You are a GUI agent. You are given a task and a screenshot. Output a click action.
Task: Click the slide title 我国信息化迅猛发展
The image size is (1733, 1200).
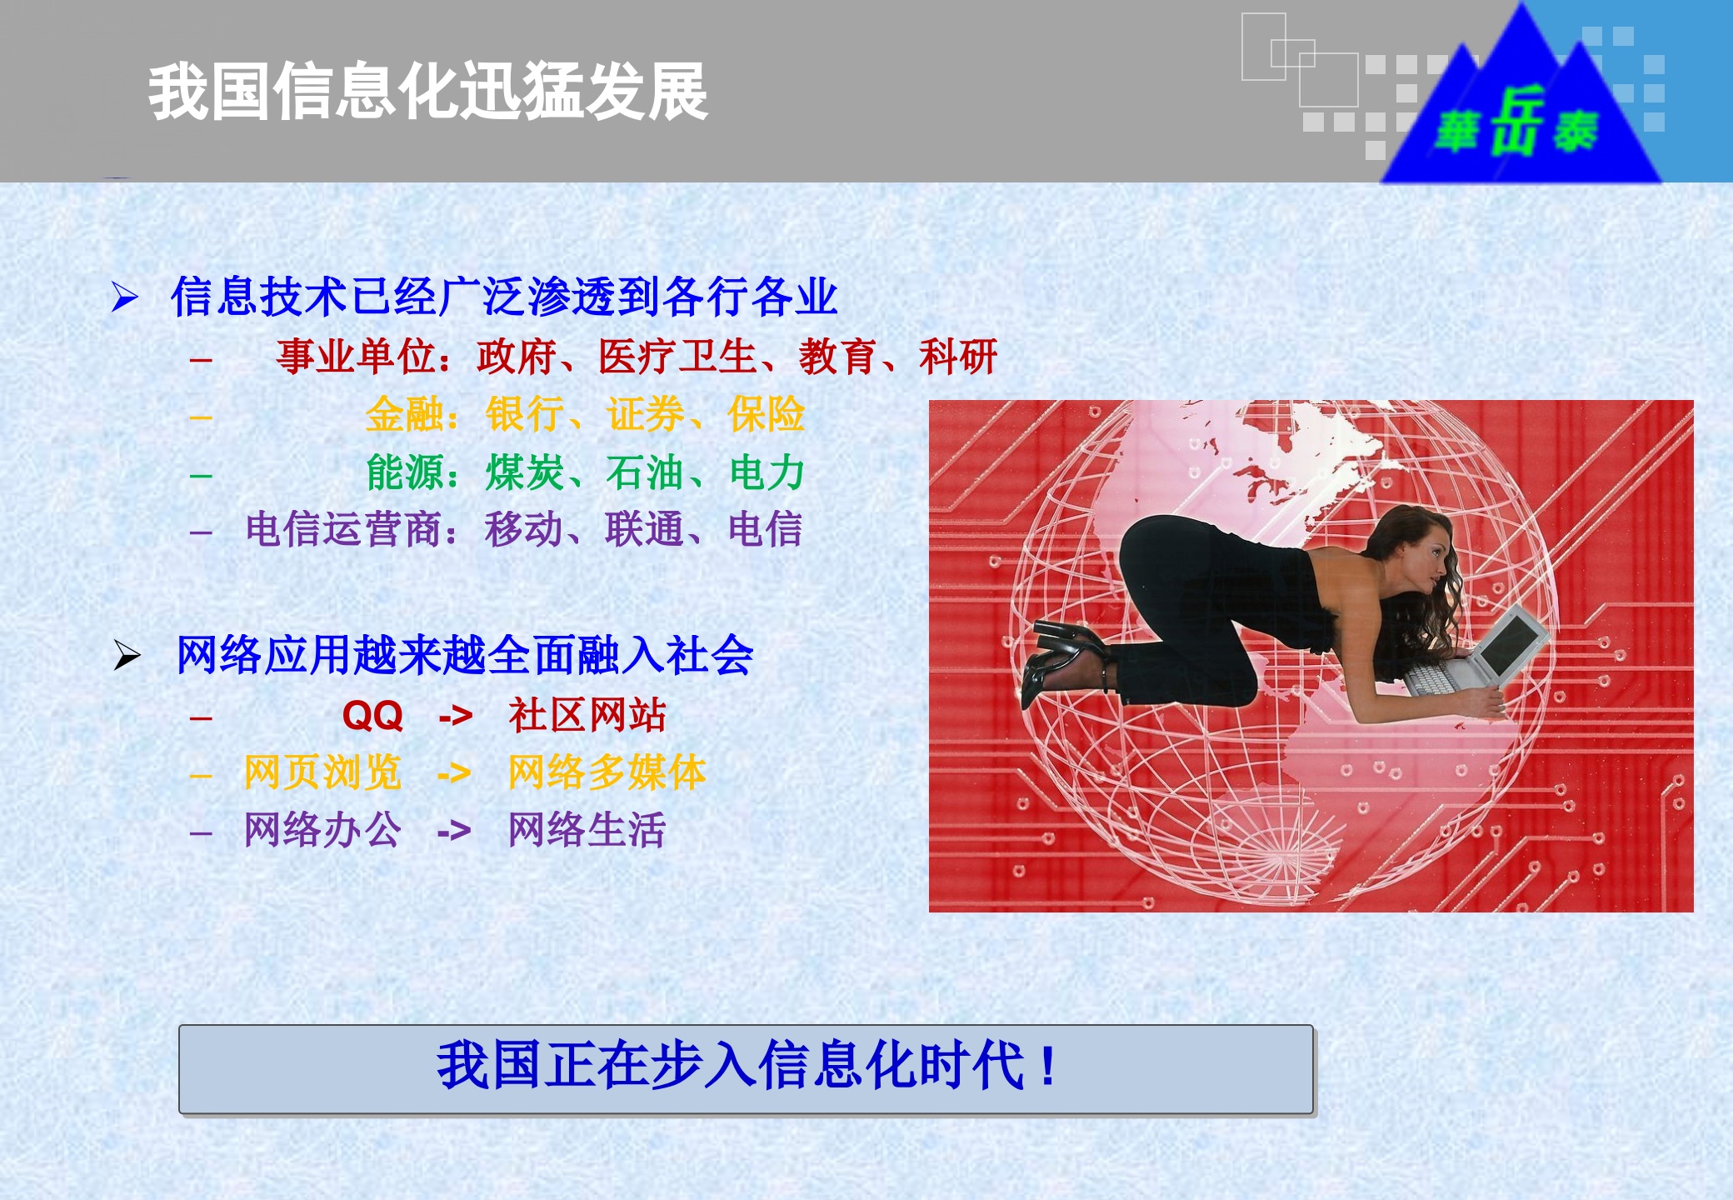pyautogui.click(x=427, y=92)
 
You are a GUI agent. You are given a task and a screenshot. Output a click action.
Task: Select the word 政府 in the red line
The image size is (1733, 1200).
pyautogui.click(x=516, y=357)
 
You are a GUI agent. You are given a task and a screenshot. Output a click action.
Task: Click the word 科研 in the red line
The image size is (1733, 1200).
pyautogui.click(x=957, y=357)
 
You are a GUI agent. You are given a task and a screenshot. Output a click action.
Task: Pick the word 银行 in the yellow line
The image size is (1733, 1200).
pyautogui.click(x=524, y=414)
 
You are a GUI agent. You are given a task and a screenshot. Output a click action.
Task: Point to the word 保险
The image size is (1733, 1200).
pyautogui.click(x=766, y=414)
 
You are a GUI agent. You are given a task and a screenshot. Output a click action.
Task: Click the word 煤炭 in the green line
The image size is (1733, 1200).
pyautogui.click(x=524, y=472)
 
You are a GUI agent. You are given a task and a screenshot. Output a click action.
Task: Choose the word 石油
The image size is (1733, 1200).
pyautogui.click(x=644, y=472)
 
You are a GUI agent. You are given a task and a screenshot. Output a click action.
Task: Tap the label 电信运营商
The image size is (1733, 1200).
pyautogui.click(x=343, y=529)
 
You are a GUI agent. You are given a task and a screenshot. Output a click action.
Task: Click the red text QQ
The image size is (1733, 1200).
pyautogui.click(x=372, y=716)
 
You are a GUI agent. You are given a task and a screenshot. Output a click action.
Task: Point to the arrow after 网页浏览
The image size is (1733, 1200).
pyautogui.click(x=454, y=773)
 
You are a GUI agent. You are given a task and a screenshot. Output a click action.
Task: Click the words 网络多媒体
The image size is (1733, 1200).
pyautogui.click(x=607, y=772)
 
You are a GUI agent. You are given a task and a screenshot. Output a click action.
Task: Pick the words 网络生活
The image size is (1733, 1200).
pyautogui.click(x=587, y=830)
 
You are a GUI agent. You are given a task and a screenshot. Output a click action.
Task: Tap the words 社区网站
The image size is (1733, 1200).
pyautogui.click(x=587, y=715)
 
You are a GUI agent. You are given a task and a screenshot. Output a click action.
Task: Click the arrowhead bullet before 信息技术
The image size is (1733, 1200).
pyautogui.click(x=125, y=297)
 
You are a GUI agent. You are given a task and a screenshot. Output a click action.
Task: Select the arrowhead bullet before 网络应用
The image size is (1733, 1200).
pyautogui.click(x=127, y=655)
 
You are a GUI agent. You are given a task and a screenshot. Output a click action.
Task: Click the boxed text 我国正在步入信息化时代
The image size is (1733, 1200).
pyautogui.click(x=746, y=1067)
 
